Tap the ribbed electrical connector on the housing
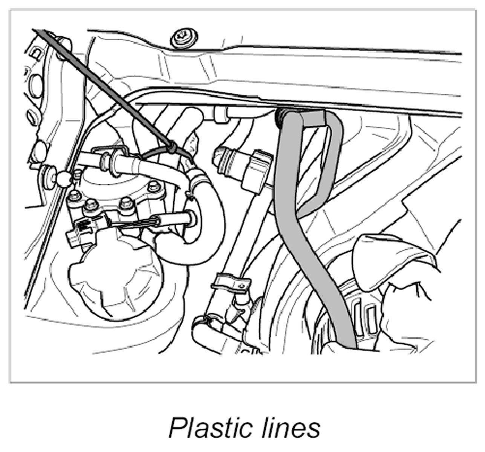pyautogui.click(x=81, y=231)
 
